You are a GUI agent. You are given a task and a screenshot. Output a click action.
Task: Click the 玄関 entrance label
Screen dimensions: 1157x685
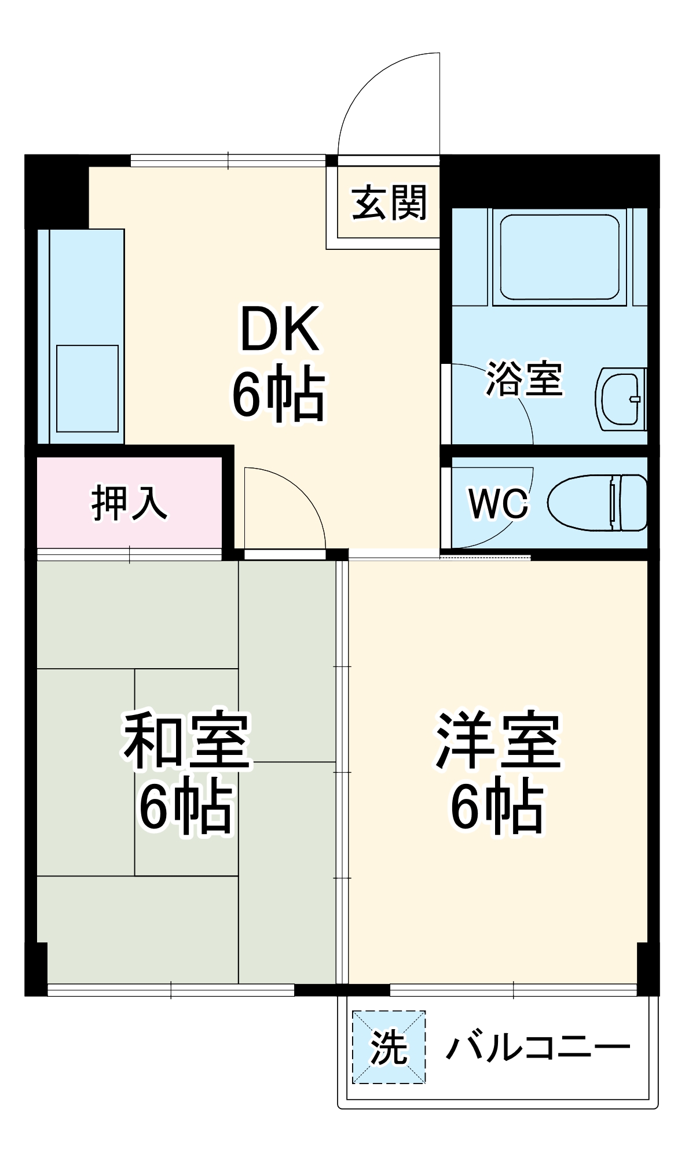(389, 203)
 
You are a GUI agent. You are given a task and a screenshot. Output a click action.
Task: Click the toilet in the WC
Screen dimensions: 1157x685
(585, 502)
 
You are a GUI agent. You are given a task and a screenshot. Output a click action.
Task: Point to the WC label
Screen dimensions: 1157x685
(498, 503)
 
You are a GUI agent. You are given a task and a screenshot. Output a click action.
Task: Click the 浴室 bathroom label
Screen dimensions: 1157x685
(524, 379)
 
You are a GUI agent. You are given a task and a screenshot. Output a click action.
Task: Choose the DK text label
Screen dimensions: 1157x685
(280, 330)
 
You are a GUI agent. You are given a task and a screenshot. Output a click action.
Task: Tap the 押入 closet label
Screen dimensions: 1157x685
(129, 503)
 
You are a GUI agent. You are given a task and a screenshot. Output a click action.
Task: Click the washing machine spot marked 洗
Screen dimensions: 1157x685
(389, 1047)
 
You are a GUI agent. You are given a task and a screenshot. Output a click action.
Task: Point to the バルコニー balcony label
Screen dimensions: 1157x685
(537, 1047)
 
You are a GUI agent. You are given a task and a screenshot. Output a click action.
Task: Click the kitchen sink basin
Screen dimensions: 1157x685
(87, 388)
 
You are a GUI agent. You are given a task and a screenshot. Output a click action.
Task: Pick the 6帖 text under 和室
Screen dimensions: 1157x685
(186, 807)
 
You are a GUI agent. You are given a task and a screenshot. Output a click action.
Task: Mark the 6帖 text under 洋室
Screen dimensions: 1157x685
(497, 807)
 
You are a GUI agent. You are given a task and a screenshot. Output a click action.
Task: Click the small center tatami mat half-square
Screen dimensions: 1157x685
(186, 772)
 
